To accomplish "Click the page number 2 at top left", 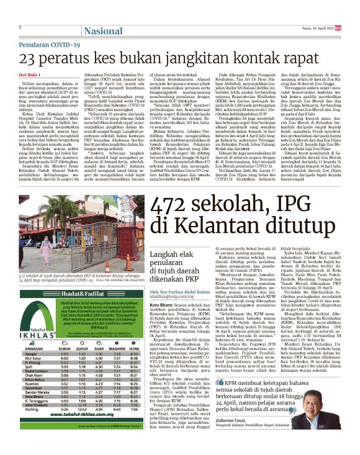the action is point(20,27).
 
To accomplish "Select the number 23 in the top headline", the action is point(29,60).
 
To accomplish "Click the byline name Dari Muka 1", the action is point(31,75).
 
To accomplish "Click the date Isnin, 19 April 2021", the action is point(317,28).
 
